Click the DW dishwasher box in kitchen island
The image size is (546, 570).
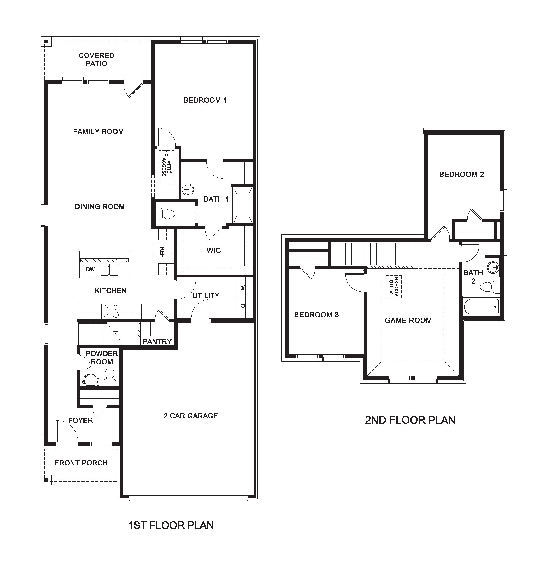(90, 269)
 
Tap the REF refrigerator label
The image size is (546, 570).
(162, 252)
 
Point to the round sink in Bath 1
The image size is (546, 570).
(188, 190)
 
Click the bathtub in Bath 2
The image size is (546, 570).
(481, 306)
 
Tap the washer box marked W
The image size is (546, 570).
(242, 288)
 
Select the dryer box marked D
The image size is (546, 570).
(242, 305)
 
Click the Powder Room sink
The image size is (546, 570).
(91, 380)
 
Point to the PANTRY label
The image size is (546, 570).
(157, 341)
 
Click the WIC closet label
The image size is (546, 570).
(214, 250)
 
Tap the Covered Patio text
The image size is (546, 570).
(96, 59)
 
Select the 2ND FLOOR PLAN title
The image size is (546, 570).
(410, 420)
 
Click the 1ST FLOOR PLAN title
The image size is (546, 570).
(171, 525)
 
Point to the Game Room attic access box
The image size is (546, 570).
(394, 287)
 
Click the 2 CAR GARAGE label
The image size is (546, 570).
(191, 416)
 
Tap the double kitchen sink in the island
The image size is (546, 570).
(109, 270)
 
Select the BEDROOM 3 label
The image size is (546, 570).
(316, 315)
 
